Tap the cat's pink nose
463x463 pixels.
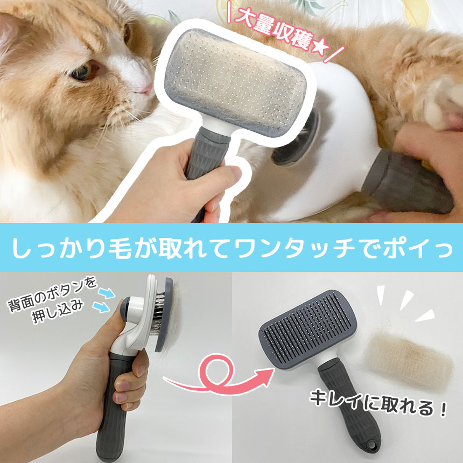145,89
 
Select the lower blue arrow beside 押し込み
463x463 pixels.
102,307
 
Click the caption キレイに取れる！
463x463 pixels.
378,404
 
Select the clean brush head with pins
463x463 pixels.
308,328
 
